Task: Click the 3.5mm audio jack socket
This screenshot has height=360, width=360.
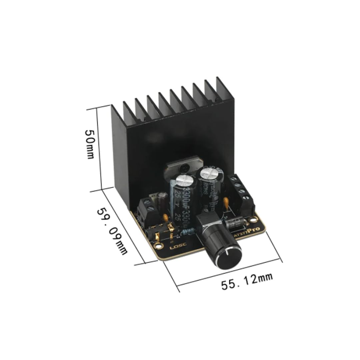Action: point(154,235)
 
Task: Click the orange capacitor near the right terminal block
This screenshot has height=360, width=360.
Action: point(227,202)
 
